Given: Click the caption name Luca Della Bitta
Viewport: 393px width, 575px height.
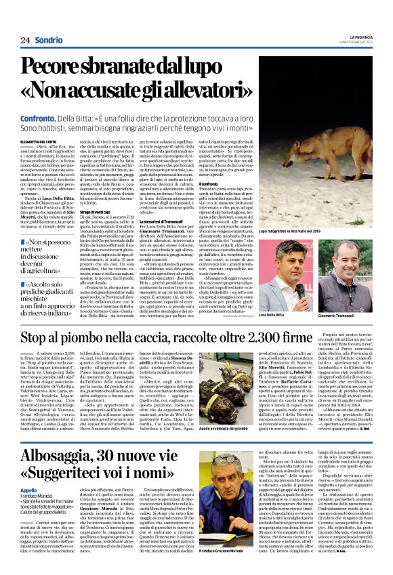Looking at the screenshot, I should tap(275, 316).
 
